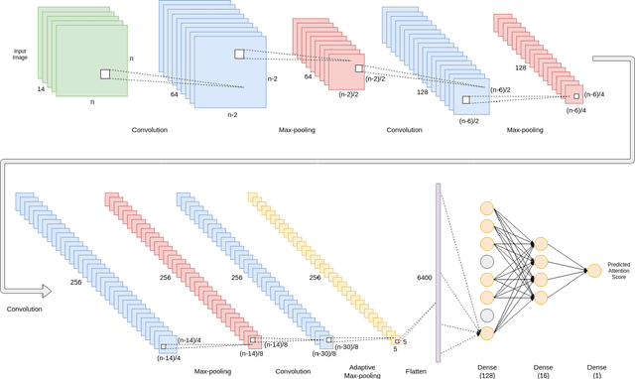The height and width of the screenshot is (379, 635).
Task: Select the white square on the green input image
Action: click(x=104, y=73)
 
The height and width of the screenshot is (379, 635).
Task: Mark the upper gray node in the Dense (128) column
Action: click(x=487, y=262)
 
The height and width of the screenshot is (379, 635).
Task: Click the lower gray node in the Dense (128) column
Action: click(x=487, y=315)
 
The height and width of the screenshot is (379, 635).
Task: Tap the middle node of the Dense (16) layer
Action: click(x=540, y=270)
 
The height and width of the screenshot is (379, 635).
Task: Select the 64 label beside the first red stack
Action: click(x=309, y=76)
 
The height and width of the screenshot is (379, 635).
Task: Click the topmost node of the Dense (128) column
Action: click(x=487, y=208)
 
